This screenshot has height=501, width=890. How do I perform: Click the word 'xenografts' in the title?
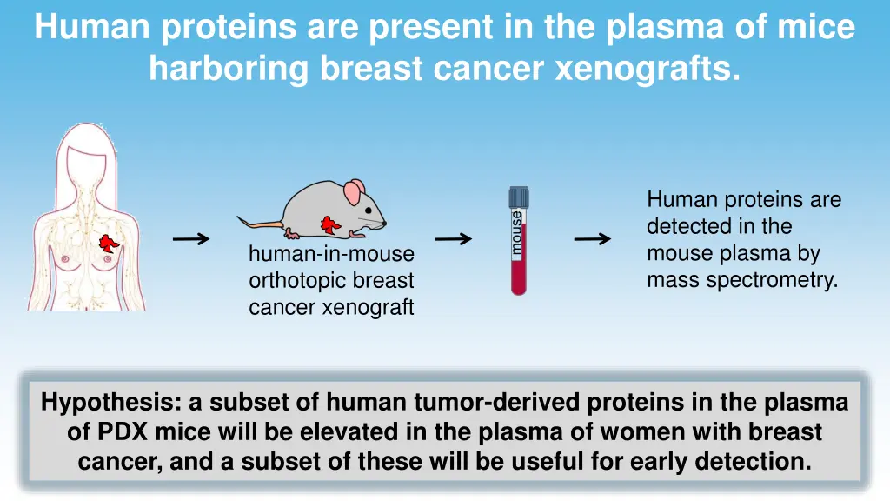647,67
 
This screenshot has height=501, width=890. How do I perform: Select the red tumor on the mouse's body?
330,224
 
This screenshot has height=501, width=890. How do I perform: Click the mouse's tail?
261,224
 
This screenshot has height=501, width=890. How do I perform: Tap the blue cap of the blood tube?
519,197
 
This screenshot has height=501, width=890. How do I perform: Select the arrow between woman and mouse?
191,239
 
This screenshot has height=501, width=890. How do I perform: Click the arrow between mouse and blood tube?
453,239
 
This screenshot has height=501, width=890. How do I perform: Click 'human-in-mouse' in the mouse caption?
331,254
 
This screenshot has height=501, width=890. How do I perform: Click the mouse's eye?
370,208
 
